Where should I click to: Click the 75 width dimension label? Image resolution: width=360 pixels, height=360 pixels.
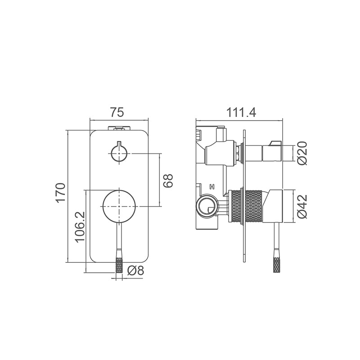pyautogui.click(x=117, y=112)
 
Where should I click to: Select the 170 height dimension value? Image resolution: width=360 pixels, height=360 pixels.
pyautogui.click(x=61, y=193)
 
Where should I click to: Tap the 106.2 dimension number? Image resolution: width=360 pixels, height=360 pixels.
pyautogui.click(x=80, y=227)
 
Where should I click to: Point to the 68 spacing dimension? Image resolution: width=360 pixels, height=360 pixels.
pyautogui.click(x=168, y=181)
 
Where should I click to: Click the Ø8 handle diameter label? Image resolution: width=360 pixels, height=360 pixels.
pyautogui.click(x=135, y=271)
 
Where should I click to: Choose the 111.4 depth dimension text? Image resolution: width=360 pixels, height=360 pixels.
pyautogui.click(x=241, y=112)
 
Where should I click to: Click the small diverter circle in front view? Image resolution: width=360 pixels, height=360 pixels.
pyautogui.click(x=119, y=153)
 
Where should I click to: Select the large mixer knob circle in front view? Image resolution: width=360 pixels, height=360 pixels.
pyautogui.click(x=119, y=207)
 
